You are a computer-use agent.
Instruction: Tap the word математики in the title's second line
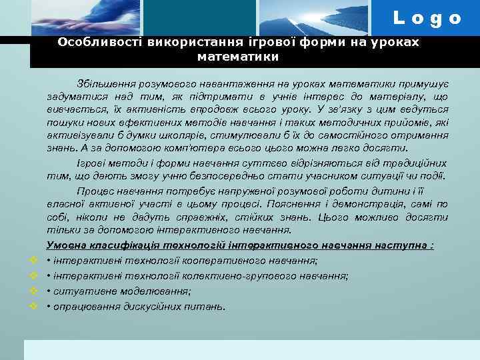(239, 57)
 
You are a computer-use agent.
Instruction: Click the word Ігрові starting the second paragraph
(90, 163)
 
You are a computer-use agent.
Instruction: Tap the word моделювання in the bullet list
(155, 291)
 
